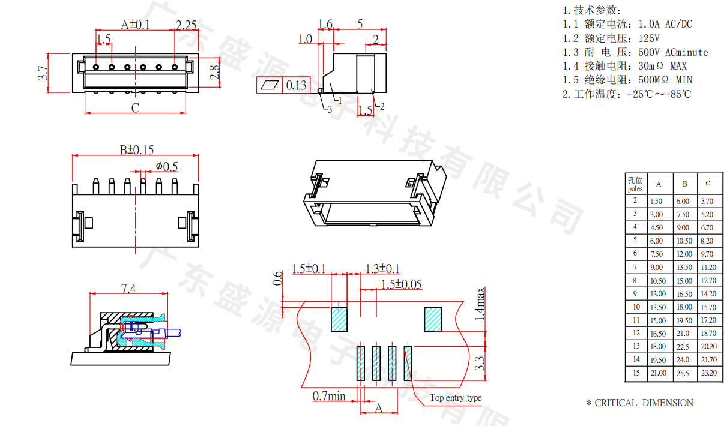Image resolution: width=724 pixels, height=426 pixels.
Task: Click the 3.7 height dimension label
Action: (43, 73)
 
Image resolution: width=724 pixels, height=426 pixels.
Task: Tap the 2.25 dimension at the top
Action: (186, 25)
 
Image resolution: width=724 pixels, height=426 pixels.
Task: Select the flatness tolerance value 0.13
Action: (295, 85)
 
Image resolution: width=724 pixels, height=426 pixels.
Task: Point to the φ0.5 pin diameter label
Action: (166, 166)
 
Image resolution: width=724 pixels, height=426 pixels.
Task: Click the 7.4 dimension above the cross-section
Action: (128, 289)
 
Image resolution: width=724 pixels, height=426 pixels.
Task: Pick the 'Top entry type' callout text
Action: (455, 398)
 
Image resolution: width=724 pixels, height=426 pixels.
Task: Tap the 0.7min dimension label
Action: (329, 396)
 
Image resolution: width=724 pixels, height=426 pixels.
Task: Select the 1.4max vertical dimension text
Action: (480, 304)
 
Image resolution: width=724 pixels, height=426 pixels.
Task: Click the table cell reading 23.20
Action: (708, 373)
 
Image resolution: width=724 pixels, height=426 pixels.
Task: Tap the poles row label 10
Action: (636, 307)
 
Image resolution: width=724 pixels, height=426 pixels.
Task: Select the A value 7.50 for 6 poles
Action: (658, 254)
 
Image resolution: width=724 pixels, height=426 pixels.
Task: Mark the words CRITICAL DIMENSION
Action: (644, 403)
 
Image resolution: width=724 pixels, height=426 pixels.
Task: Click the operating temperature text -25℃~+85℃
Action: (659, 94)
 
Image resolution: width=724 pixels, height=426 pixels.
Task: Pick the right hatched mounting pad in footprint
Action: (433, 319)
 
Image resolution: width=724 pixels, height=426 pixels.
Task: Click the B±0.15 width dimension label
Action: (136, 150)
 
